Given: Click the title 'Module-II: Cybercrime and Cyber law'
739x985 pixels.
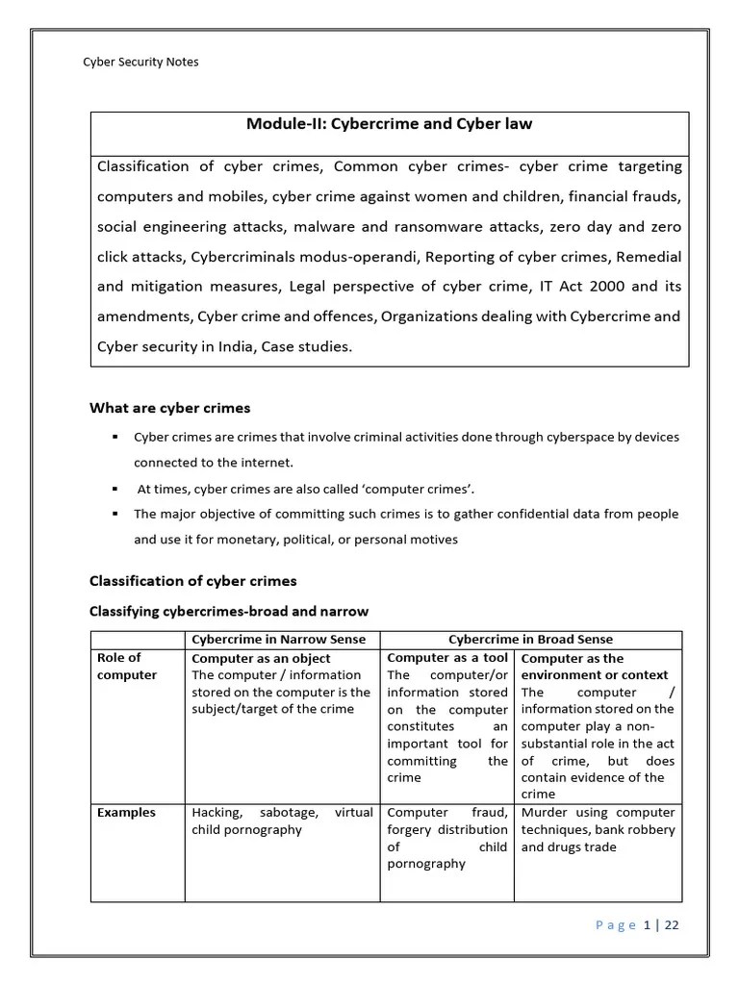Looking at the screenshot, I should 389,124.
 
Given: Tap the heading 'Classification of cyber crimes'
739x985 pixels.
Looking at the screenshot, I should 192,581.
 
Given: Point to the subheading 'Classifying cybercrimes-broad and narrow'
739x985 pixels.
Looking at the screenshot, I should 229,611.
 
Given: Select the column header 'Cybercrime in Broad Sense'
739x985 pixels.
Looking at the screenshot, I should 530,640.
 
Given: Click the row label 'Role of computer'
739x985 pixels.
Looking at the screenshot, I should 126,667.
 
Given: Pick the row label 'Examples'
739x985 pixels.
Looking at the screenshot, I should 126,813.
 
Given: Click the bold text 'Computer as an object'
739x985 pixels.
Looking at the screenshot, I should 261,659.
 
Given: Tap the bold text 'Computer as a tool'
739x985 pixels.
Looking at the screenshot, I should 446,658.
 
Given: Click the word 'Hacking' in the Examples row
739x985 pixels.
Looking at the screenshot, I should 216,813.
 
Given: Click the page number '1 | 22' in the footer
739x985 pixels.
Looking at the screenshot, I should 662,925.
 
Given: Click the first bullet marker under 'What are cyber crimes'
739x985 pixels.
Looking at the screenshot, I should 115,437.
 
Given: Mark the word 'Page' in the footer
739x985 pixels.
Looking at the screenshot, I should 616,925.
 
